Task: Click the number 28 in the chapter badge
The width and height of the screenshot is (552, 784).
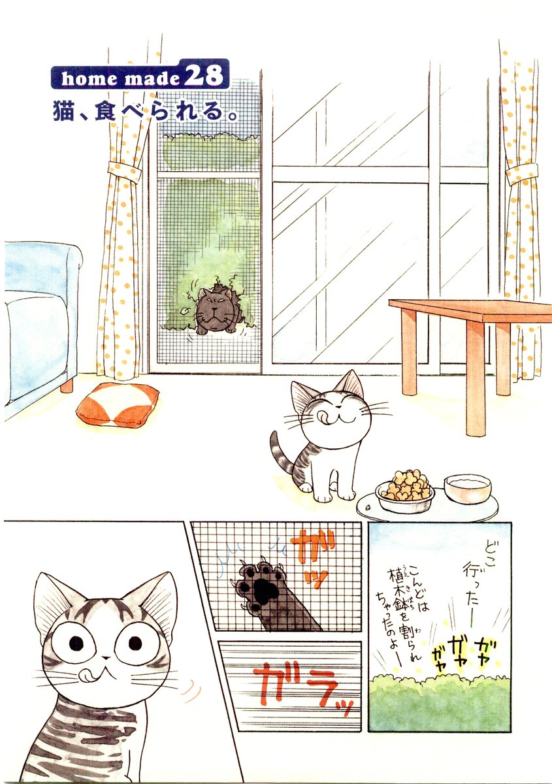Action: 204,76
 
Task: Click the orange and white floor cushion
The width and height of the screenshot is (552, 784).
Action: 118,404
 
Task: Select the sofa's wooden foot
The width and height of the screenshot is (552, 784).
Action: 67,385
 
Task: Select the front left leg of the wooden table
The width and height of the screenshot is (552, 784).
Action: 476,378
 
